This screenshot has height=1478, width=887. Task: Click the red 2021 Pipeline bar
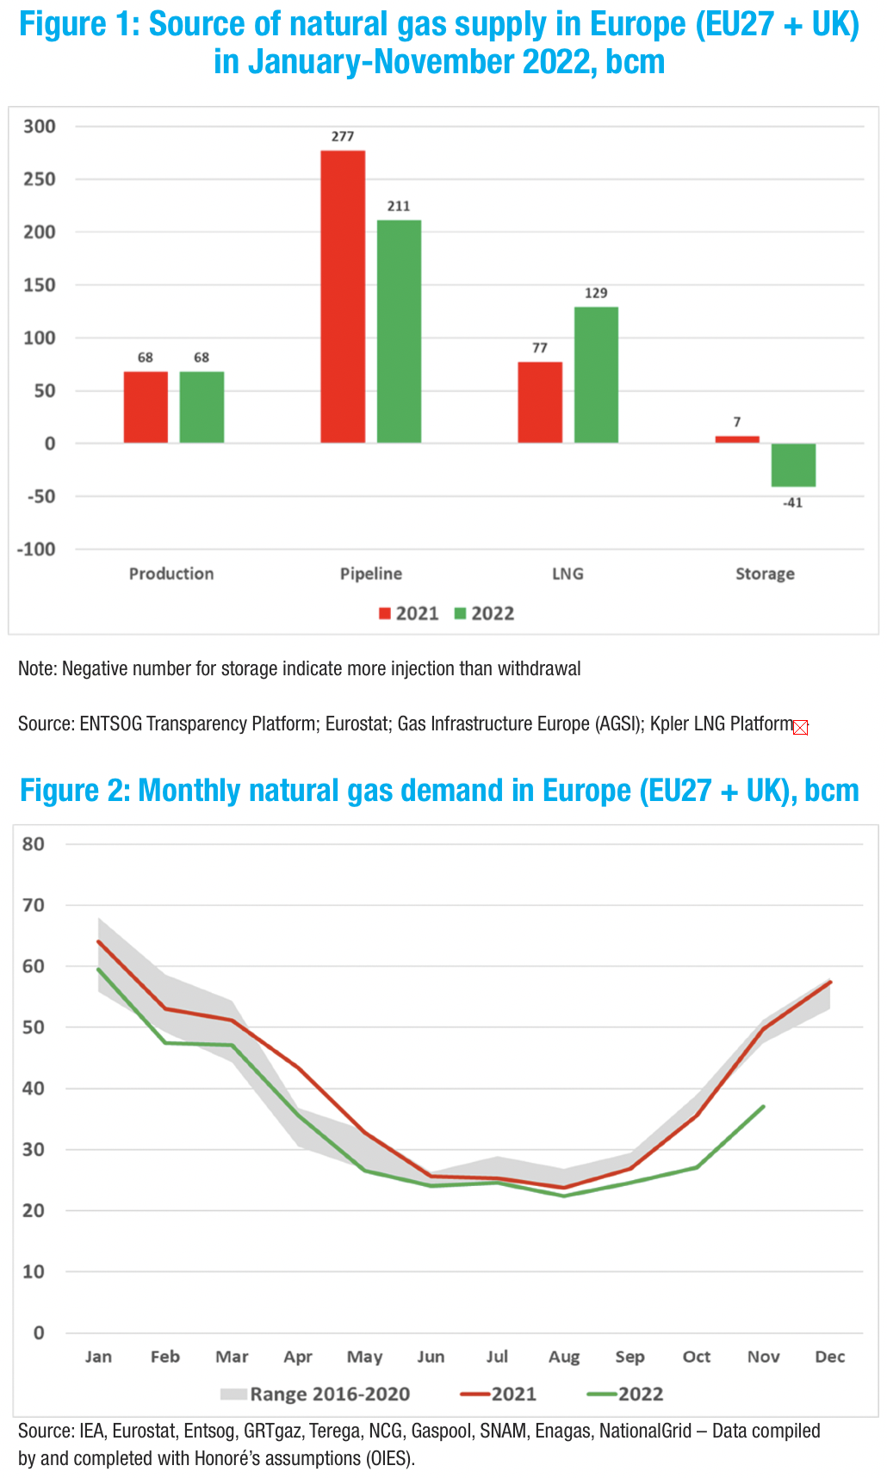343,297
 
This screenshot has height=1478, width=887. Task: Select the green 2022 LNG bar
596,375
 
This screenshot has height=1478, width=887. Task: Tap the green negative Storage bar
793,465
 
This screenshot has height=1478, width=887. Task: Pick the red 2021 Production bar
146,407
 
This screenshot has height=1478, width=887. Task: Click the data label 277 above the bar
343,136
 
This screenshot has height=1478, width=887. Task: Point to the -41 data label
792,503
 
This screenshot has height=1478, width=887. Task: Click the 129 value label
596,293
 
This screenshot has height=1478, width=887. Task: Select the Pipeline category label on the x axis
371,574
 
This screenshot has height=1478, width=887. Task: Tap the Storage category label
765,574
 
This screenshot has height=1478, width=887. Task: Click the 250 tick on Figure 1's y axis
40,179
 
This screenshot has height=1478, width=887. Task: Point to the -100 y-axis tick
36,549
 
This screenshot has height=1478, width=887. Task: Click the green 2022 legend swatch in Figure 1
461,613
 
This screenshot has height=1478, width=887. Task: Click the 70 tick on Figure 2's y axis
34,905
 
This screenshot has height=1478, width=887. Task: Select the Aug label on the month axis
564,1357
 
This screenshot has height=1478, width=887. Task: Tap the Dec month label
830,1357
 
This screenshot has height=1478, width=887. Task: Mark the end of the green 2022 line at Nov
764,1107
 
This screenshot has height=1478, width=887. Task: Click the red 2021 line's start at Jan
99,941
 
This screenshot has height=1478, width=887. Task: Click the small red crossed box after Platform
801,728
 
